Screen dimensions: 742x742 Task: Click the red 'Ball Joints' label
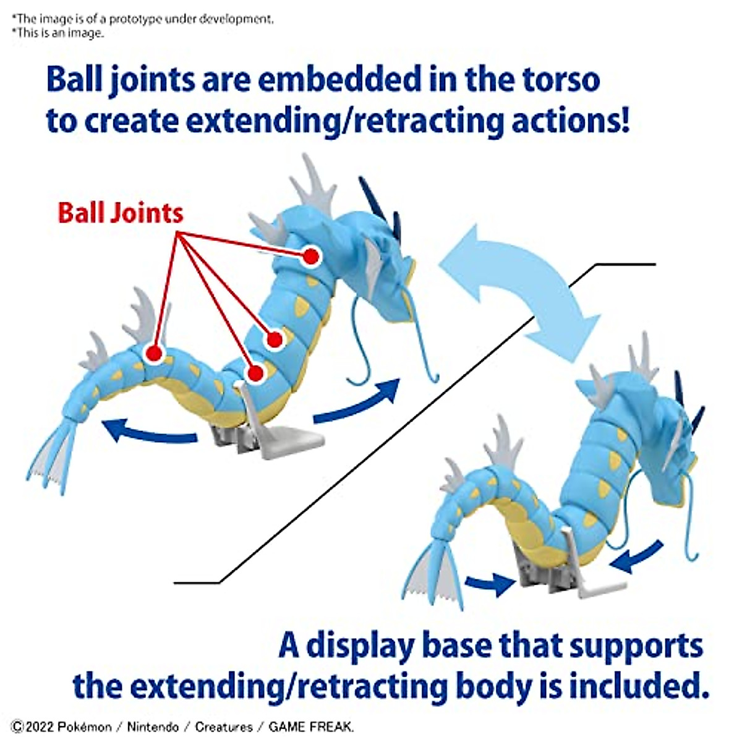click(121, 213)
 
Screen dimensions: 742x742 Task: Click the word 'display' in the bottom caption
click(360, 645)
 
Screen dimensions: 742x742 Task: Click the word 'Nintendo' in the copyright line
click(153, 727)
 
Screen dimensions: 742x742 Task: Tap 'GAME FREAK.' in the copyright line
click(311, 727)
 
